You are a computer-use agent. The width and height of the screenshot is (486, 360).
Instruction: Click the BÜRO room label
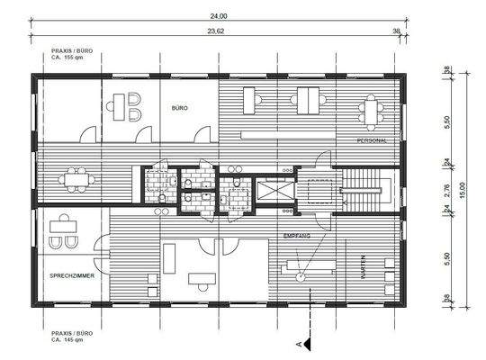179,107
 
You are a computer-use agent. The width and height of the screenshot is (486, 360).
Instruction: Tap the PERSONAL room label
372,141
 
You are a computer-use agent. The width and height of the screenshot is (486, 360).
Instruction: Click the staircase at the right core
367,188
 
